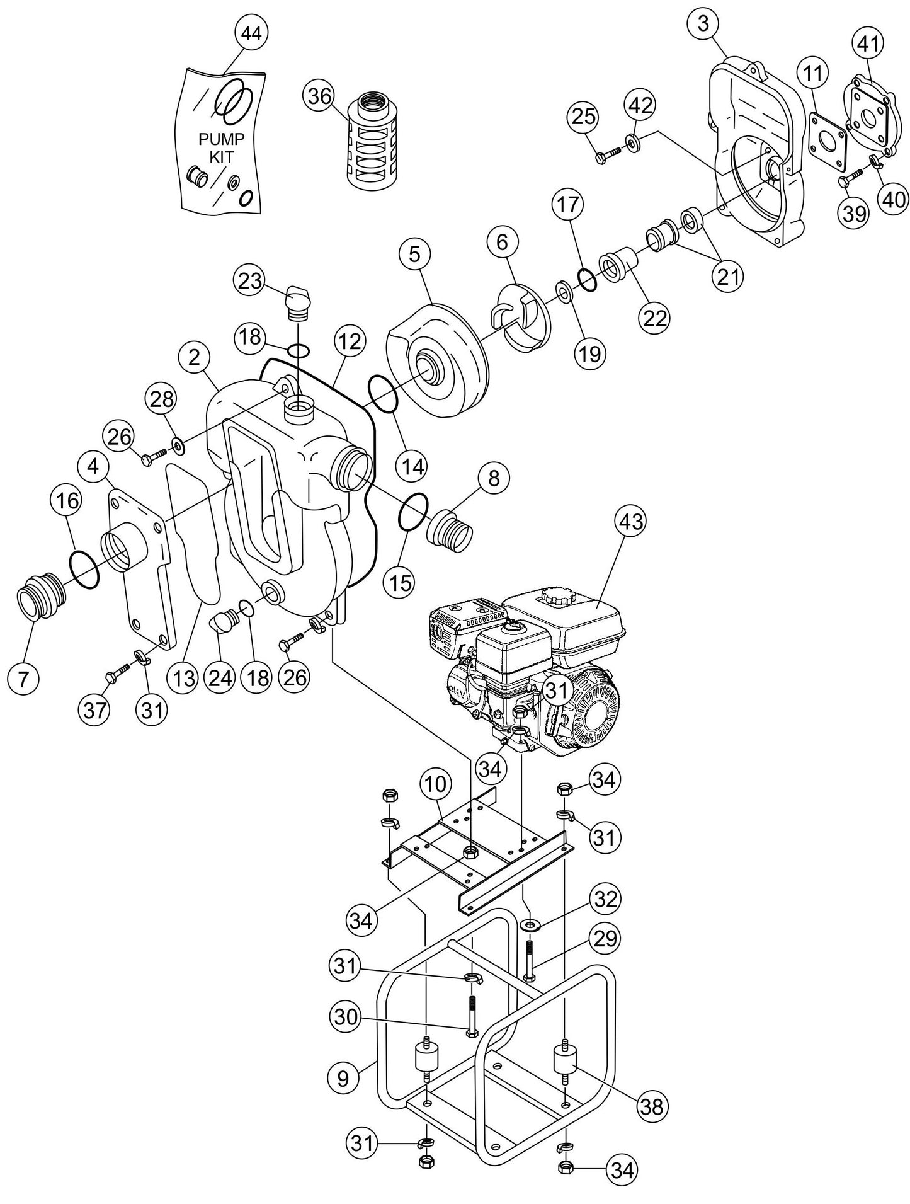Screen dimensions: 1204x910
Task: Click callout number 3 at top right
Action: (703, 23)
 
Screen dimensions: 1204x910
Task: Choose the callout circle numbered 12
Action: (350, 341)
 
